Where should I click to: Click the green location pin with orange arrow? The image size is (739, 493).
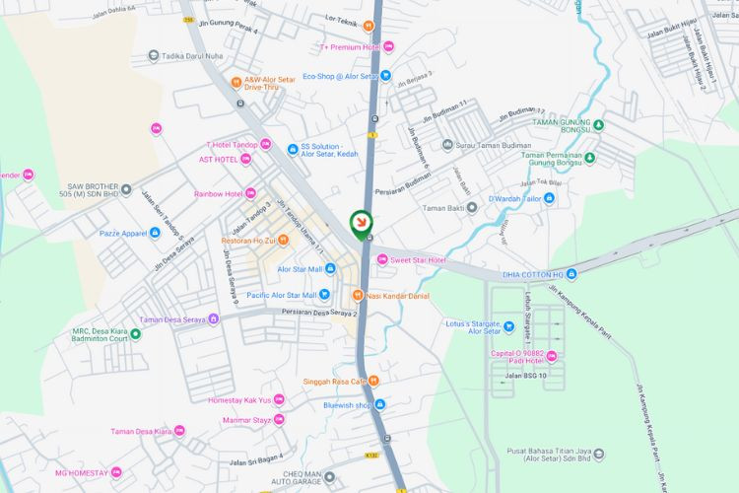point(362,222)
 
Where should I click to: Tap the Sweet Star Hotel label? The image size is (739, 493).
point(419,260)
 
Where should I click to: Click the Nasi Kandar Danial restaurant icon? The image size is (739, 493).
point(357,295)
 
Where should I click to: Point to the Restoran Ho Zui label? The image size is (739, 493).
point(247,240)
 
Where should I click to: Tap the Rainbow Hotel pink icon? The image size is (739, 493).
point(250,193)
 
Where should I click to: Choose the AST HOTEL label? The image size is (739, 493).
point(218,159)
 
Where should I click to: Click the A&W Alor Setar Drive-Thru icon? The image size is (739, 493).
point(236,83)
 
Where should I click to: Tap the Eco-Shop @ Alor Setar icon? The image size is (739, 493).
point(386,75)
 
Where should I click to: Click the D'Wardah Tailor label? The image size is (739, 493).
point(514,198)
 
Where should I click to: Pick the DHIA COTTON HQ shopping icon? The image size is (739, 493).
point(571,274)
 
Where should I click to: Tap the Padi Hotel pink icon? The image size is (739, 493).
point(552,356)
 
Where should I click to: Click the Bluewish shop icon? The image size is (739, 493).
point(380,404)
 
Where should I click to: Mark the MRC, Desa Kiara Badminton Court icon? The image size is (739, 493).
point(136,333)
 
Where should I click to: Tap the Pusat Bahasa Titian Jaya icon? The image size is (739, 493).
point(598,455)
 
